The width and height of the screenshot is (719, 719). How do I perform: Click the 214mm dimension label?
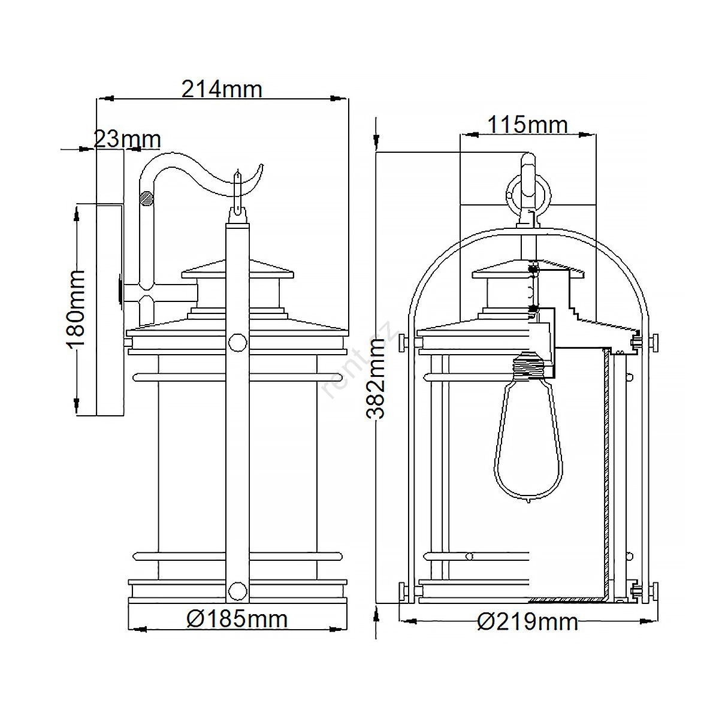(x=222, y=89)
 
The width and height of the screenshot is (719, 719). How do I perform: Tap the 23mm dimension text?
(x=127, y=139)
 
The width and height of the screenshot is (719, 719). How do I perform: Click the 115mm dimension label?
(x=528, y=125)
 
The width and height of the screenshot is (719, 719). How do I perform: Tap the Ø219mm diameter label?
(x=528, y=622)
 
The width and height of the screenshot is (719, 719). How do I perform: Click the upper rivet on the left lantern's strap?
(x=237, y=342)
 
